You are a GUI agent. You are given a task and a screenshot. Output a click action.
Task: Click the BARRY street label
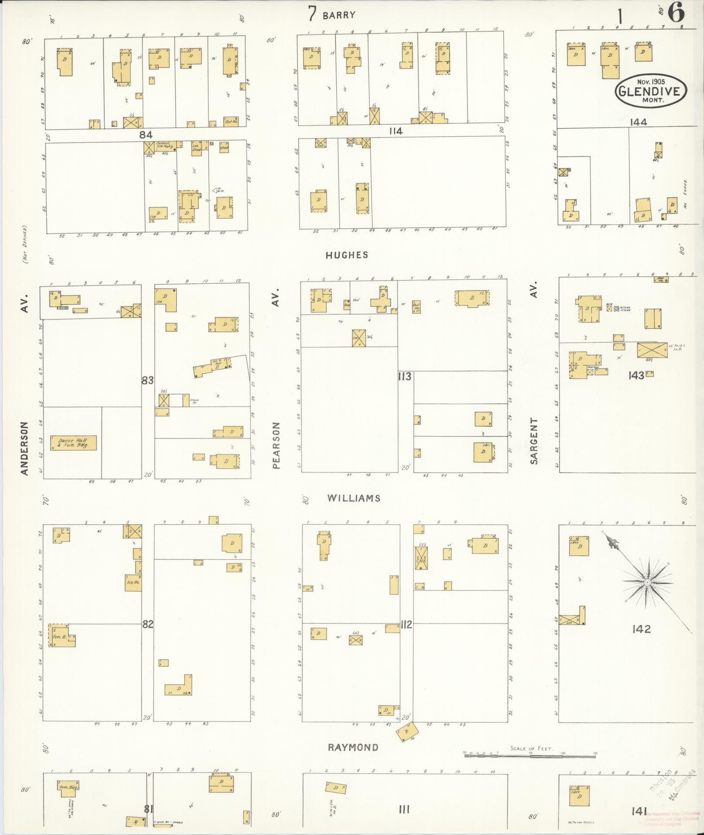339,15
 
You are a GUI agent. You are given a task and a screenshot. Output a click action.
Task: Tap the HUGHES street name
347,255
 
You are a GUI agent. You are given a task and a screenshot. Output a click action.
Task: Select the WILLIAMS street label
354,498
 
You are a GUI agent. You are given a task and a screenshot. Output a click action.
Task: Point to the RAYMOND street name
353,747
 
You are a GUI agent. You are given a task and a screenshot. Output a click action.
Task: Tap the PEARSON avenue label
275,445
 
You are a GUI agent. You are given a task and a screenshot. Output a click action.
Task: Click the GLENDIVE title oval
650,91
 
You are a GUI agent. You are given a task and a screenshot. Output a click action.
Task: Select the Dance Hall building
73,443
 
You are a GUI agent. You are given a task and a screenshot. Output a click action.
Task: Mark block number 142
641,629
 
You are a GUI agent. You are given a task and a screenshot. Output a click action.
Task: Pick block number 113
405,376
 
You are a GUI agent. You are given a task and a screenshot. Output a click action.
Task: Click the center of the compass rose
648,583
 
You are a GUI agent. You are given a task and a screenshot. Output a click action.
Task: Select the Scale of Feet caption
531,749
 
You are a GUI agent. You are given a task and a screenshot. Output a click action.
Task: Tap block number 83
148,380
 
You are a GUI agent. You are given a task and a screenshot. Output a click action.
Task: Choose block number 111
404,810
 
